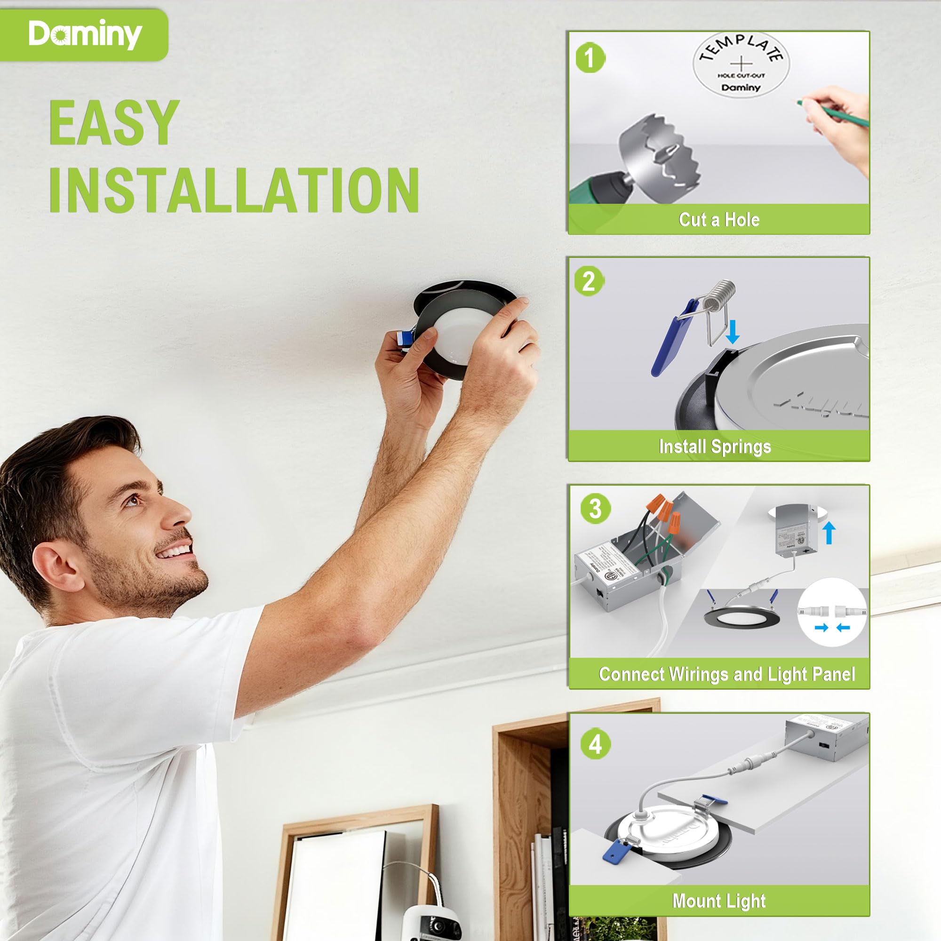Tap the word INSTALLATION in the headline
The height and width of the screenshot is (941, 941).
click(234, 190)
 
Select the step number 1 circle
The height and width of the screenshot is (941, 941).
click(590, 58)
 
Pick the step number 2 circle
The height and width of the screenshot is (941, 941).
click(589, 281)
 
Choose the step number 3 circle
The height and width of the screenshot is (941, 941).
click(595, 509)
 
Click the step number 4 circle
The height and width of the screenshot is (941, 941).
click(595, 744)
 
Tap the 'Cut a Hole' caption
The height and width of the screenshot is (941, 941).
click(719, 220)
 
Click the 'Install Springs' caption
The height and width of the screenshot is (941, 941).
click(715, 446)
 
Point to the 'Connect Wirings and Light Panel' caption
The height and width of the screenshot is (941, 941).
click(727, 674)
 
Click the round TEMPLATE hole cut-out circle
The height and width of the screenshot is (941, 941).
click(741, 65)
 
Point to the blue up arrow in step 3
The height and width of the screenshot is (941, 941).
click(829, 534)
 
